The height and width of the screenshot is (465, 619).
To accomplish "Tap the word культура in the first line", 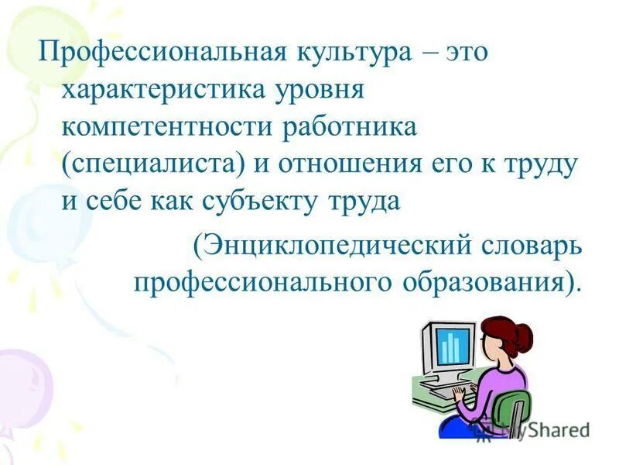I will coord(347,53).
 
